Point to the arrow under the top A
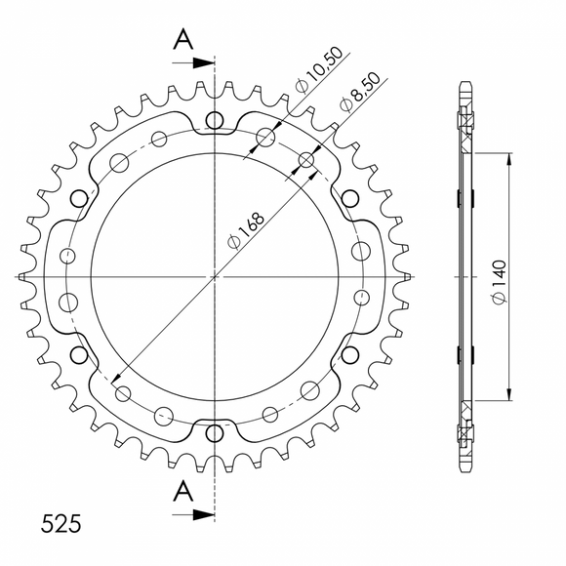[x=199, y=62]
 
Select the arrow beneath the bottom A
[x=199, y=511]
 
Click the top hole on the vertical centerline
[x=215, y=122]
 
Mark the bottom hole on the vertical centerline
[x=215, y=432]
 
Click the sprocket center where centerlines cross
[x=215, y=277]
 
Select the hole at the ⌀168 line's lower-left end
[x=123, y=393]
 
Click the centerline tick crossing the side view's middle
[x=465, y=277]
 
